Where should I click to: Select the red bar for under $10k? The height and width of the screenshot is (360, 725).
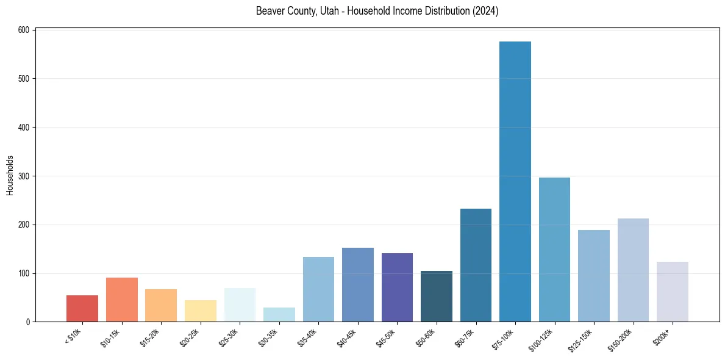point(82,309)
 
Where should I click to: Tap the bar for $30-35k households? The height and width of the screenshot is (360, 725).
point(279,315)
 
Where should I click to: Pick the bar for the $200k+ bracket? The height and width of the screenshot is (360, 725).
point(672,292)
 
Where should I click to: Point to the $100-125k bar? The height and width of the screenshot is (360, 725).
point(554,250)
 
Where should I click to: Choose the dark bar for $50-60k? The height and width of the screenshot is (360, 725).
point(437,297)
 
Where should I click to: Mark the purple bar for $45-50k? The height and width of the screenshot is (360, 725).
point(397,287)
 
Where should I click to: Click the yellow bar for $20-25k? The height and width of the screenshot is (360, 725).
point(201,311)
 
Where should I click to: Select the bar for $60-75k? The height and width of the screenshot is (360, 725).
point(476,265)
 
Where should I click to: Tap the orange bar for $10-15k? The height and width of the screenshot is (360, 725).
point(122,300)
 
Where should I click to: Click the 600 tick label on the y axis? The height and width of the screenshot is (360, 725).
point(24,30)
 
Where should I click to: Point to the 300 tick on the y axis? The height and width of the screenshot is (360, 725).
point(24,176)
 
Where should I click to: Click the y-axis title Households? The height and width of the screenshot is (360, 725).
point(10,175)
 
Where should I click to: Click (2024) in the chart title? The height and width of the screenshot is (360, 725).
point(485,11)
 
